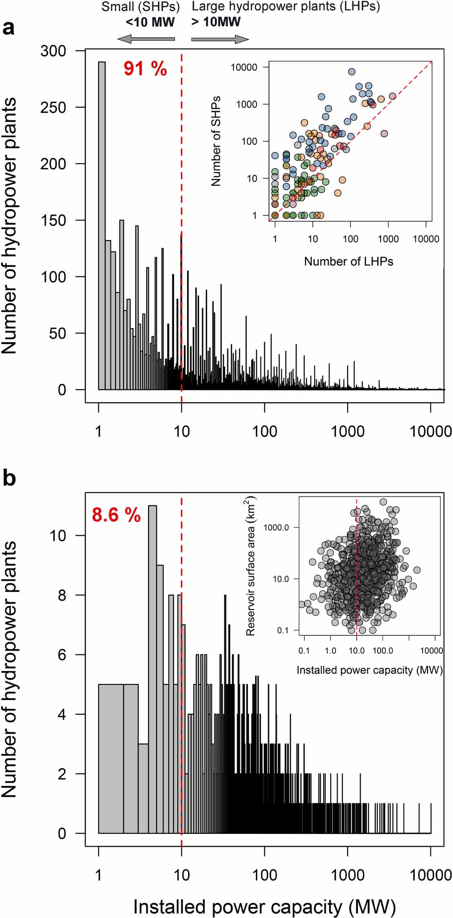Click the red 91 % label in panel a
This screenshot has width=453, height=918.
tap(145, 69)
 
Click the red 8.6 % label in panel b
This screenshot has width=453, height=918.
tap(116, 515)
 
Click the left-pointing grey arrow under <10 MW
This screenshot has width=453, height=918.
tap(146, 39)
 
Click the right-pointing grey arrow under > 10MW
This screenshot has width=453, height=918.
tap(220, 39)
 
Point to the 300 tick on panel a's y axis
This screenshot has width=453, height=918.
tap(53, 51)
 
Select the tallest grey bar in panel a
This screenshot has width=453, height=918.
tap(102, 225)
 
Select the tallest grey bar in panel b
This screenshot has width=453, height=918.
tap(153, 668)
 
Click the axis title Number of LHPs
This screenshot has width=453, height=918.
tap(348, 261)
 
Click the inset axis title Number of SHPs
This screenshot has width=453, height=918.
tap(216, 141)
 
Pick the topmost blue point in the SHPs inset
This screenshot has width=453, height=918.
tap(352, 72)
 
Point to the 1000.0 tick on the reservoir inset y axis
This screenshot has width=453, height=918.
tap(276, 527)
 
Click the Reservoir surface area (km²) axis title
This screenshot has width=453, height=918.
tap(250, 566)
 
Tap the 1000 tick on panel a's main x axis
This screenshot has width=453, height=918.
tap(348, 432)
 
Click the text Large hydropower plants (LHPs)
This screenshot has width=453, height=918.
tap(285, 6)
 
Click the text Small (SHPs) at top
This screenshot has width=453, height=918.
tap(141, 6)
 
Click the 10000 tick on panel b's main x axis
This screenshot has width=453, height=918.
tap(430, 875)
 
